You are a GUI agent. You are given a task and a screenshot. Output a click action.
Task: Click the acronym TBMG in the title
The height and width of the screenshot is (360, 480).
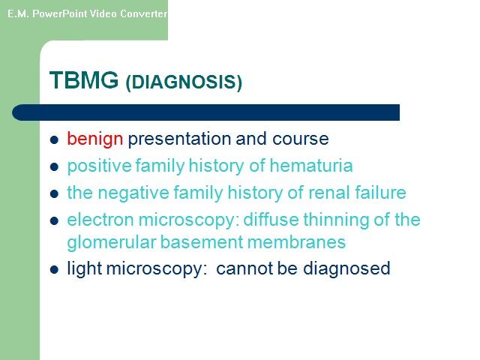(x=84, y=80)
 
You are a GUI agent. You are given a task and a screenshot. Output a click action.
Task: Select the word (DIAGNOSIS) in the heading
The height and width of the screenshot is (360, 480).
(x=184, y=82)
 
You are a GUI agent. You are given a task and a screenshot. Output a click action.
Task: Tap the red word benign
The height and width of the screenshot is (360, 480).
(x=95, y=139)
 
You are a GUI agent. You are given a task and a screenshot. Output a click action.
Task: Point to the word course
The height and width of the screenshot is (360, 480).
(x=300, y=139)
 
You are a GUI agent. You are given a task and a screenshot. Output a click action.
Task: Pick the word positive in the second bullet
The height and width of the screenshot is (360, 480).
(x=99, y=166)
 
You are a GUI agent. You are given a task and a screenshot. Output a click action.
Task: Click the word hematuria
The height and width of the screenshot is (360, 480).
(x=311, y=166)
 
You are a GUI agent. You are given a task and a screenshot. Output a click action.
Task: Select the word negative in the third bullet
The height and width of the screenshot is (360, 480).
(x=133, y=193)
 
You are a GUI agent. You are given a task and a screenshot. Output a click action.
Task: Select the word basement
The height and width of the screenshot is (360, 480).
(x=202, y=242)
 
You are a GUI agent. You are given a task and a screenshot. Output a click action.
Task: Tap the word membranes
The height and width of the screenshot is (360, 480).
(x=297, y=242)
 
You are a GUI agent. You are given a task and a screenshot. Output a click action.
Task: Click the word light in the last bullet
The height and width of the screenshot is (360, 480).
(x=85, y=268)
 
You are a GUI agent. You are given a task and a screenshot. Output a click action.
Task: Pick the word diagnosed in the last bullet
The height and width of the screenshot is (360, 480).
(x=346, y=268)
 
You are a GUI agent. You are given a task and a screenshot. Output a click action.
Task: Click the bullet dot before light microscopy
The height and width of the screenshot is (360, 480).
(x=54, y=270)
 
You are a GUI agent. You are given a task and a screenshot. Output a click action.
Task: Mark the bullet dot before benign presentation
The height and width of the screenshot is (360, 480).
(x=54, y=140)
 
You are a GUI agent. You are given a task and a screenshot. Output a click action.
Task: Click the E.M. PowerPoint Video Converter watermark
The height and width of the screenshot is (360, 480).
(x=87, y=13)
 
